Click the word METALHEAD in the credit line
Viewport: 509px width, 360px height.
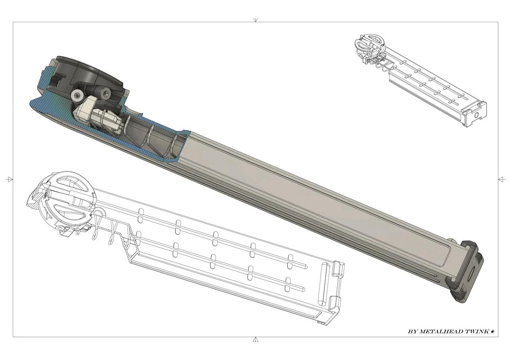(x=441, y=331)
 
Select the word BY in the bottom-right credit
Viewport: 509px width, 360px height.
(x=413, y=331)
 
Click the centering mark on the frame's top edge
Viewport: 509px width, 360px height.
(x=255, y=20)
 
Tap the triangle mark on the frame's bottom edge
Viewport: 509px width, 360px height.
(x=255, y=339)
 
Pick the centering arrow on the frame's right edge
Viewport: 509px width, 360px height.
(x=501, y=180)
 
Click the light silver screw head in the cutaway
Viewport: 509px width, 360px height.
(x=77, y=95)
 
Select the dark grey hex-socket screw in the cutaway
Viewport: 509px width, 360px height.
(x=105, y=94)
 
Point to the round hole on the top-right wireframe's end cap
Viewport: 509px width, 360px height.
(x=476, y=115)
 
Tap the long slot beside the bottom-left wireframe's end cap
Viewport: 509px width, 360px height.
(x=323, y=286)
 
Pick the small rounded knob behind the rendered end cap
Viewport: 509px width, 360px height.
(x=451, y=241)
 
